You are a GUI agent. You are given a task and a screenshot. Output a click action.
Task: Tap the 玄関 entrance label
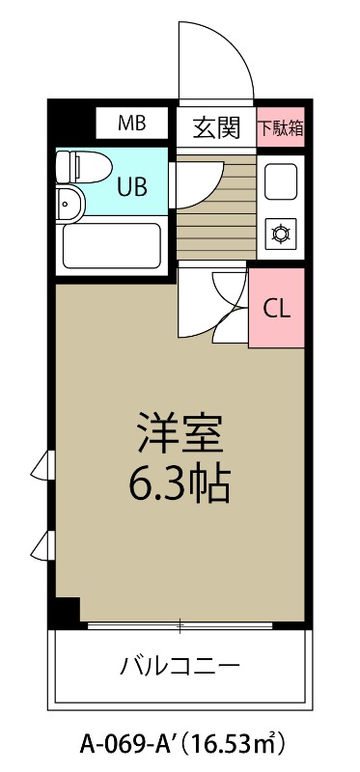tap(215, 125)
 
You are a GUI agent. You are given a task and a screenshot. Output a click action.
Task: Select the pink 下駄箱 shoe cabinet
tap(281, 126)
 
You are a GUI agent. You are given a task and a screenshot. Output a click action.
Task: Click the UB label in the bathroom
tap(132, 186)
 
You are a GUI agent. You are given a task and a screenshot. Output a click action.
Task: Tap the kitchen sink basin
tap(281, 180)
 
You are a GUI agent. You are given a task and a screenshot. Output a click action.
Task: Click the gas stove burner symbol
tap(281, 233)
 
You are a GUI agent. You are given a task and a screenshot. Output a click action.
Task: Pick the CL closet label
tap(277, 309)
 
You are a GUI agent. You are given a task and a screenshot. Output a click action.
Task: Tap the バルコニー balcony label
tap(180, 665)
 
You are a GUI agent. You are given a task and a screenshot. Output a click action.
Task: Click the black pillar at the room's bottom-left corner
tap(66, 611)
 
